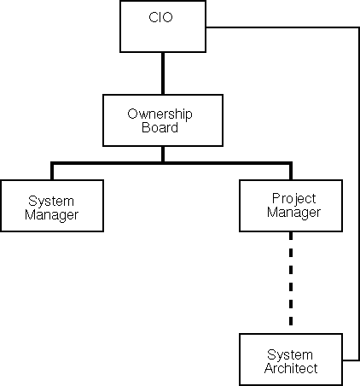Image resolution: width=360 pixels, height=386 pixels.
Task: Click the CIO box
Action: tap(163, 26)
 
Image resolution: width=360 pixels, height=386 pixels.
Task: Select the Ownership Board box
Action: tap(163, 120)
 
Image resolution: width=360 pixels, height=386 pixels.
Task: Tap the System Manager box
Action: tap(52, 206)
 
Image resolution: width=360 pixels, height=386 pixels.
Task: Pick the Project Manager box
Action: tap(291, 206)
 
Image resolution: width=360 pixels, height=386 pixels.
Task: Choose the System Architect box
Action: tap(291, 360)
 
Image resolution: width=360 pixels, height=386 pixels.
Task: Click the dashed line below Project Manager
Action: tap(291, 278)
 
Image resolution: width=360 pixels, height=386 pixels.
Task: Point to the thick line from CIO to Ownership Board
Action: tap(163, 73)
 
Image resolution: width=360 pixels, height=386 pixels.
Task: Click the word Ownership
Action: tap(160, 114)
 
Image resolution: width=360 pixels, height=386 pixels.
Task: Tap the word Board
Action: tap(160, 127)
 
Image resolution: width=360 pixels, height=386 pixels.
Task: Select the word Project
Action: tap(293, 199)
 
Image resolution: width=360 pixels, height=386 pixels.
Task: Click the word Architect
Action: tap(291, 368)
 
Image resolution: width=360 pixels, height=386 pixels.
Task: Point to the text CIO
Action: tap(160, 17)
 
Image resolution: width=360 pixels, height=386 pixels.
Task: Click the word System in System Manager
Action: tap(51, 202)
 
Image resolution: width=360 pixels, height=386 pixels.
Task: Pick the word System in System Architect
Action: tap(290, 355)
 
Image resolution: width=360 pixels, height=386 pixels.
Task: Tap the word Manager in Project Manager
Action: tap(293, 213)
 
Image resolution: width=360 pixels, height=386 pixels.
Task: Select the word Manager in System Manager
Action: tap(51, 215)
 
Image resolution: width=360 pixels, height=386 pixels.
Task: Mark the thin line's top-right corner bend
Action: tap(359, 27)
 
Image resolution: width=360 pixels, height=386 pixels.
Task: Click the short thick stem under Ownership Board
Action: tap(163, 155)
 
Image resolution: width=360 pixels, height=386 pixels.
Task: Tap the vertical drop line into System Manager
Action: tap(52, 172)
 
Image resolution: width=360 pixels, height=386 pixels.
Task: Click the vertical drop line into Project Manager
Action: tap(291, 172)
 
